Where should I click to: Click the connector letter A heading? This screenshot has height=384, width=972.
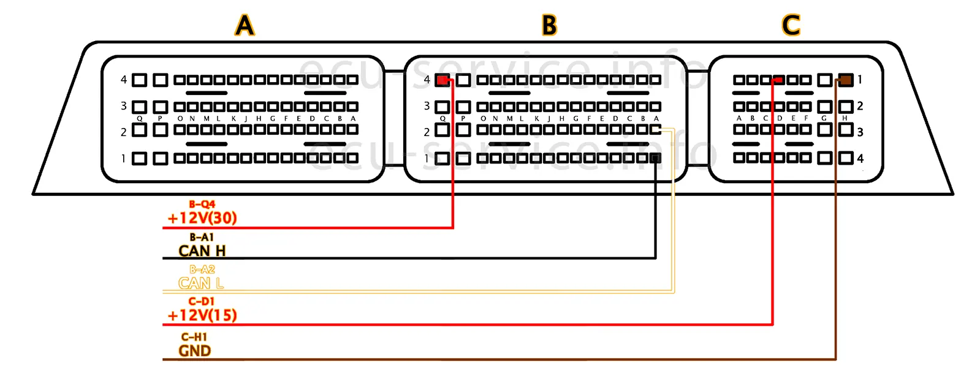pyautogui.click(x=245, y=26)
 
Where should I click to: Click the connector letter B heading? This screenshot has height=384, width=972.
pyautogui.click(x=549, y=26)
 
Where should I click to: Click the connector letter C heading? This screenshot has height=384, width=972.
pyautogui.click(x=791, y=26)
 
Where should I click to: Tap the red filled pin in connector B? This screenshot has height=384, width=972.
pyautogui.click(x=442, y=80)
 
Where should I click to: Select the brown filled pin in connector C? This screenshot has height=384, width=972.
pyautogui.click(x=846, y=80)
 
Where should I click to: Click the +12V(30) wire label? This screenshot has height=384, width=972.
pyautogui.click(x=202, y=218)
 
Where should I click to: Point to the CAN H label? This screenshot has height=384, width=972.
pyautogui.click(x=202, y=251)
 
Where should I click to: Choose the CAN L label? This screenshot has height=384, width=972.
pyautogui.click(x=201, y=283)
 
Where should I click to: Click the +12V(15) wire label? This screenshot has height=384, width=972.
pyautogui.click(x=202, y=315)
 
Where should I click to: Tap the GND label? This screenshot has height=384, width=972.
pyautogui.click(x=195, y=351)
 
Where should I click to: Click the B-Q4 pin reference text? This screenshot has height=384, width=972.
pyautogui.click(x=202, y=205)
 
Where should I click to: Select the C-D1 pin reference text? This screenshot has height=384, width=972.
pyautogui.click(x=202, y=301)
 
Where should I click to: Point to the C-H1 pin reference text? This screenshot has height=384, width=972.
pyautogui.click(x=194, y=337)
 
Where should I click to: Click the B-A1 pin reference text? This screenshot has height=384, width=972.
pyautogui.click(x=202, y=238)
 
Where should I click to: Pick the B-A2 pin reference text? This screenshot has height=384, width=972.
pyautogui.click(x=202, y=269)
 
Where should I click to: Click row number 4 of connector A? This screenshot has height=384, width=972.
pyautogui.click(x=124, y=80)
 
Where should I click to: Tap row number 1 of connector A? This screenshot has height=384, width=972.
pyautogui.click(x=124, y=159)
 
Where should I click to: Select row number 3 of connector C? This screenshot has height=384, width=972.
pyautogui.click(x=860, y=132)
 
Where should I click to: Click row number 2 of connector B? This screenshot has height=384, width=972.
pyautogui.click(x=427, y=132)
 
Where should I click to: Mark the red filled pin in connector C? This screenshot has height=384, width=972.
pyautogui.click(x=778, y=80)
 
